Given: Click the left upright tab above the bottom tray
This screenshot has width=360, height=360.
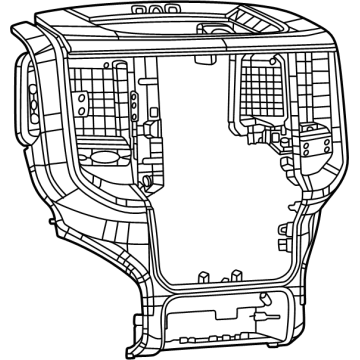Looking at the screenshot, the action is point(200,273).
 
